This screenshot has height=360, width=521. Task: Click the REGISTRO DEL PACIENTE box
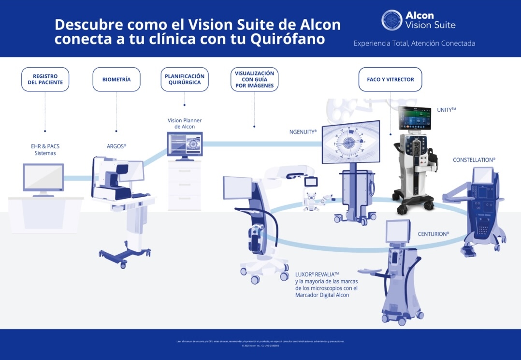pyautogui.click(x=45, y=79)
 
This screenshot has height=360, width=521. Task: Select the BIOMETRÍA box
pyautogui.click(x=116, y=79)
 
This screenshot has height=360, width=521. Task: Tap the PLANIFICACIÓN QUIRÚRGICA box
pyautogui.click(x=184, y=79)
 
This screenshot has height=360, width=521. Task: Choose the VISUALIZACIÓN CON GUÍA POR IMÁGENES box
pyautogui.click(x=254, y=79)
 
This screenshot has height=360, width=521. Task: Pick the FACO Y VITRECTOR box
pyautogui.click(x=390, y=79)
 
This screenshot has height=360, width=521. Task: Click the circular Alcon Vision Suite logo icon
pyautogui.click(x=391, y=20)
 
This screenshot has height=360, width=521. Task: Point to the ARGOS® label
pyautogui.click(x=116, y=146)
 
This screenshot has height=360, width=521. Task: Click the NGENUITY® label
pyautogui.click(x=303, y=131)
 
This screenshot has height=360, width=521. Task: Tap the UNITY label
pyautogui.click(x=446, y=110)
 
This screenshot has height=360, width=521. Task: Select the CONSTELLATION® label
pyautogui.click(x=474, y=159)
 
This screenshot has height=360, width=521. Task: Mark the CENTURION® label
pyautogui.click(x=433, y=234)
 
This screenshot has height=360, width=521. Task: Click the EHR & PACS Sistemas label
pyautogui.click(x=45, y=149)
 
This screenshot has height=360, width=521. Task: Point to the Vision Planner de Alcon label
pyautogui.click(x=184, y=123)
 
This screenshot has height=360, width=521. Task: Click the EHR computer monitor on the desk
pyautogui.click(x=43, y=177)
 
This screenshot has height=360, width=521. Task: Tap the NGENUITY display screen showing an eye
pyautogui.click(x=351, y=142)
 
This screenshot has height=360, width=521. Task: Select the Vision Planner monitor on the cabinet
pyautogui.click(x=185, y=144)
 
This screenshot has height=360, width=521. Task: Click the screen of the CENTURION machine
pyautogui.click(x=397, y=231)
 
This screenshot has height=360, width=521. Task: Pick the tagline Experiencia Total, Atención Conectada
pyautogui.click(x=414, y=43)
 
